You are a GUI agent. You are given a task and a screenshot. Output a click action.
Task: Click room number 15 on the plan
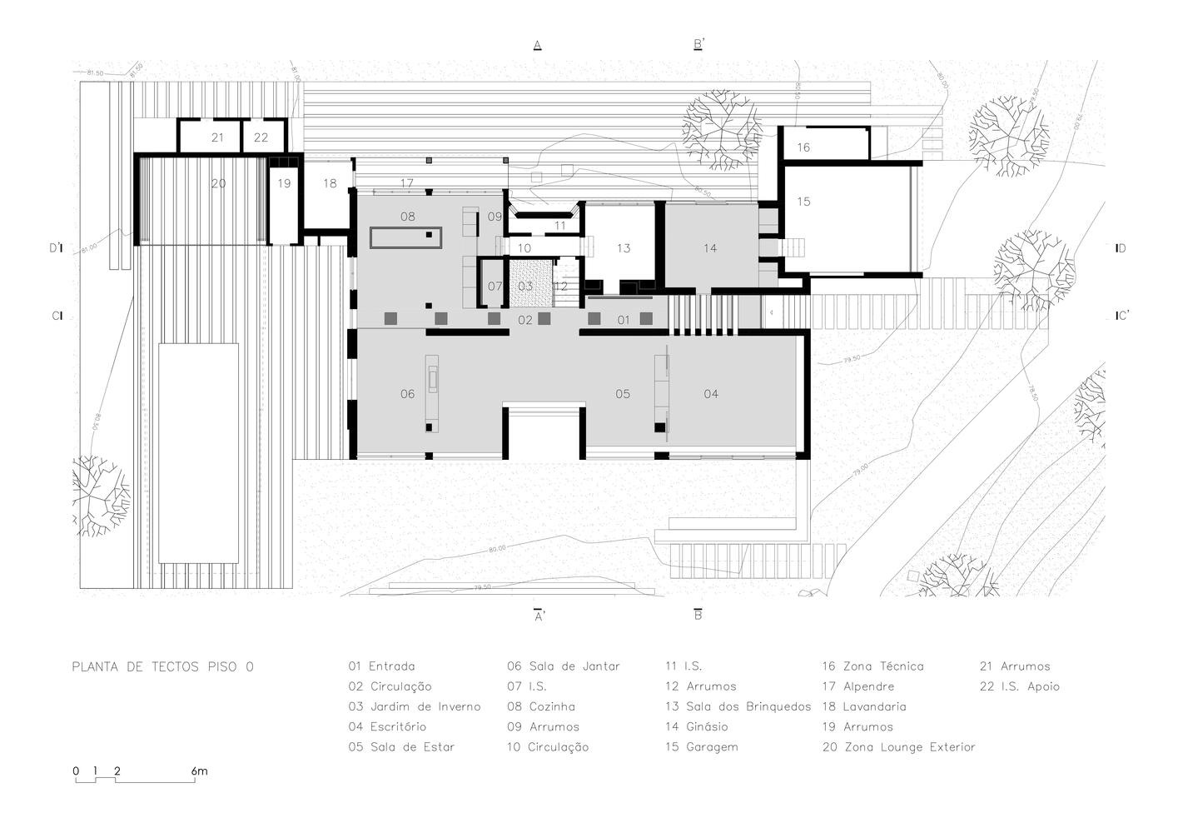(x=803, y=202)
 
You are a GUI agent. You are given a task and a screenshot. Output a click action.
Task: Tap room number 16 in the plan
(x=803, y=147)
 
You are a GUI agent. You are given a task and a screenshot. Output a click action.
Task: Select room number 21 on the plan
(x=217, y=137)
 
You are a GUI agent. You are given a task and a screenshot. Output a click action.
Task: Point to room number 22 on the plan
(x=261, y=137)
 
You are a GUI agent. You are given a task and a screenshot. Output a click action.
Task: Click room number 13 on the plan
(x=624, y=248)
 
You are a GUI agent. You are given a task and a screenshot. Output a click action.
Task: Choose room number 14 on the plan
(x=710, y=248)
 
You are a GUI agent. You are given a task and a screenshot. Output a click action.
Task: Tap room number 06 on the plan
(x=407, y=394)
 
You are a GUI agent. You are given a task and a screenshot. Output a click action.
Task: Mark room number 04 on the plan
(x=711, y=394)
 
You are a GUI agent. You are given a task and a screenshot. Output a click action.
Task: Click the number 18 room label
(x=330, y=183)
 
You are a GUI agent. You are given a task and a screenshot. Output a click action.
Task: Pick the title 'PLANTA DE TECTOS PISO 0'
(x=163, y=666)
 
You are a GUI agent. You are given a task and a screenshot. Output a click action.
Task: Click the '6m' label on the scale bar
(x=199, y=771)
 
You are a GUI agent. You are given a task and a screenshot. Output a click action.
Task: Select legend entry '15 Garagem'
(x=701, y=747)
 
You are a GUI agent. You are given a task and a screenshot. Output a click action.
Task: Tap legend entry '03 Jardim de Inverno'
(x=415, y=707)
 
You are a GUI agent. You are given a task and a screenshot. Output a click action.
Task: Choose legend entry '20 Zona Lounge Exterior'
(x=898, y=747)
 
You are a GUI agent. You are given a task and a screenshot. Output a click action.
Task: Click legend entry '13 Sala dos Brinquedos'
(x=738, y=707)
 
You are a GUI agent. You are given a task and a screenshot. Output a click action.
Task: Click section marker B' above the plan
(x=698, y=44)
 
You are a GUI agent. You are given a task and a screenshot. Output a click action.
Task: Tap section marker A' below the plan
(x=539, y=616)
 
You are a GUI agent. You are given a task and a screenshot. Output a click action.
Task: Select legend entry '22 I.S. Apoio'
(x=1020, y=687)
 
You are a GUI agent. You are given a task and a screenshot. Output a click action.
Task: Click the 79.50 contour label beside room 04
(x=852, y=360)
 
